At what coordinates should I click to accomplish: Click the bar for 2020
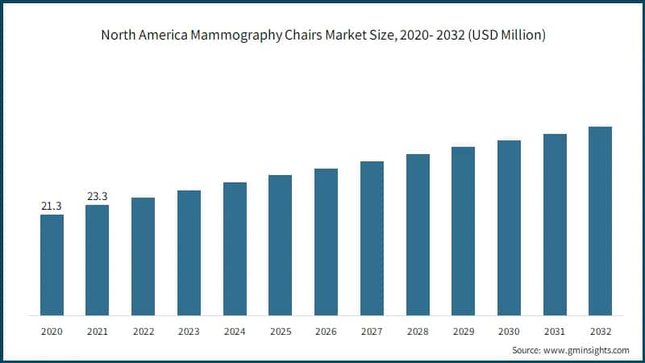tap(52, 265)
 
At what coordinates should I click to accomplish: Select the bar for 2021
tap(97, 260)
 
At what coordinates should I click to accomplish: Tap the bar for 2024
tap(235, 248)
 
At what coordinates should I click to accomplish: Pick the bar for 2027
tap(372, 238)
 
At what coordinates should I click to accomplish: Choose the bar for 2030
tap(509, 227)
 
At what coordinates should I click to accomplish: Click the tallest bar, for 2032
tap(600, 221)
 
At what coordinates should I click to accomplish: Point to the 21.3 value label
tap(52, 207)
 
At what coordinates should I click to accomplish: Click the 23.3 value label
tap(97, 196)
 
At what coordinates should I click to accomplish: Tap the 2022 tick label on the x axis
tap(143, 332)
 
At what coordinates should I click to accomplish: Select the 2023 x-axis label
tap(189, 332)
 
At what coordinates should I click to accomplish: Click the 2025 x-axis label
tap(280, 332)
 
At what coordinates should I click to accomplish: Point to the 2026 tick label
tap(326, 332)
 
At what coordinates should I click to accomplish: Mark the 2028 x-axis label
tap(418, 332)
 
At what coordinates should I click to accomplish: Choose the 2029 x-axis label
tap(463, 332)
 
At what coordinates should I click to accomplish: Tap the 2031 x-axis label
tap(555, 332)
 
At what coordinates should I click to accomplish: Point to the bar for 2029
tap(463, 231)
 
